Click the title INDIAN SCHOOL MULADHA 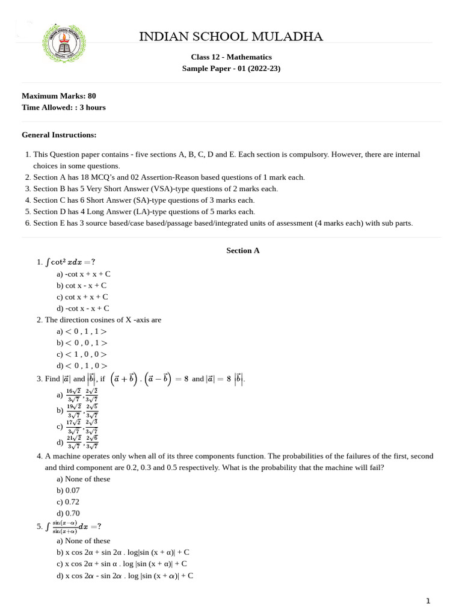pos(231,37)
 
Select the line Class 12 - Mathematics pos(231,57)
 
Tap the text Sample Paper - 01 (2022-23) pos(231,69)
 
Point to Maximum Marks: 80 pos(58,96)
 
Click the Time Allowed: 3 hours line pos(63,107)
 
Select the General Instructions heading pos(59,135)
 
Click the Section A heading pos(242,250)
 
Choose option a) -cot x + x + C pos(84,274)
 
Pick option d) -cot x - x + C pos(82,308)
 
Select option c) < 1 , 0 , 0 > pos(82,354)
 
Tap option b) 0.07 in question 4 pos(68,490)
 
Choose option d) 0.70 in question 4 pos(68,513)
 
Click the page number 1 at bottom pos(428,600)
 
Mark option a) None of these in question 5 pos(84,540)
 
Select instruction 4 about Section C pos(144,200)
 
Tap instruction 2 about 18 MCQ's pos(168,177)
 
